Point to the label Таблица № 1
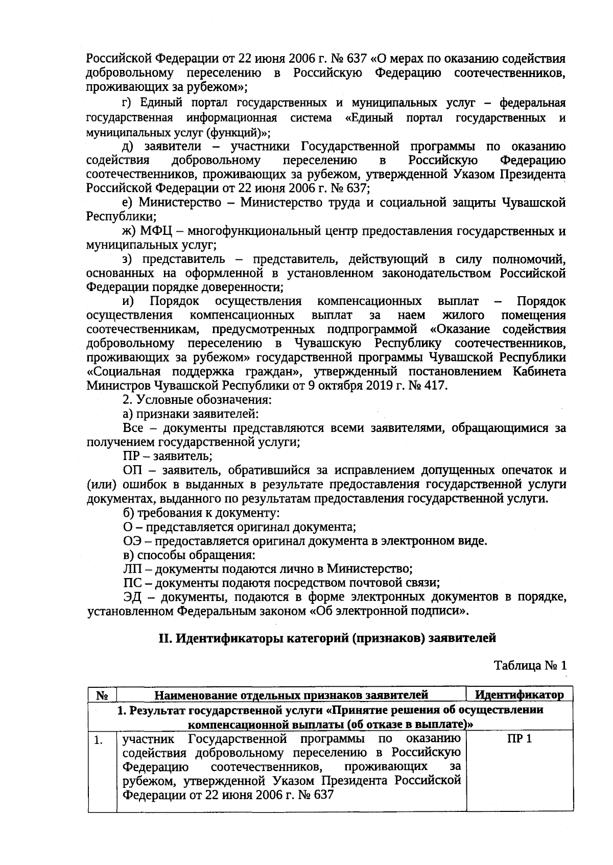pyautogui.click(x=530, y=665)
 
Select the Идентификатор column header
pyautogui.click(x=519, y=694)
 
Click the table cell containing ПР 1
pyautogui.click(x=519, y=738)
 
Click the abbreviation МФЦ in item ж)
pyautogui.click(x=152, y=231)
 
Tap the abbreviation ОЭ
pyautogui.click(x=133, y=541)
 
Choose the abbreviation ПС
pyautogui.click(x=132, y=583)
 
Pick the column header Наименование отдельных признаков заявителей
pyautogui.click(x=291, y=694)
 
